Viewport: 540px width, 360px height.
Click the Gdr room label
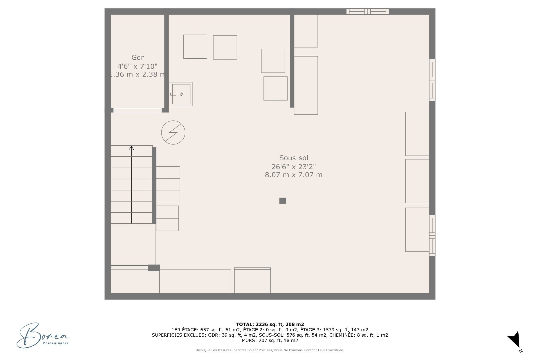(x=138, y=58)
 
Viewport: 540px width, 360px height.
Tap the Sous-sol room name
(x=294, y=158)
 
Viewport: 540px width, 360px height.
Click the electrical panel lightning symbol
(x=173, y=132)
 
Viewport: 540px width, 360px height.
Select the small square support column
(x=283, y=201)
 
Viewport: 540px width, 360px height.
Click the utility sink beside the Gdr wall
(x=181, y=94)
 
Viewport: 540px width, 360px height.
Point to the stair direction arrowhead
(x=131, y=148)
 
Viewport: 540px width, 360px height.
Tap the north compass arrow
(x=514, y=339)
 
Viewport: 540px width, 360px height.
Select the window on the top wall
(x=368, y=12)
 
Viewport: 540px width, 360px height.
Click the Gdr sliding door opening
(x=138, y=110)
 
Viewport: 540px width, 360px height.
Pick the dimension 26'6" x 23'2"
(x=294, y=166)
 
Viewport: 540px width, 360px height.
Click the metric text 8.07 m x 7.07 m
(x=294, y=175)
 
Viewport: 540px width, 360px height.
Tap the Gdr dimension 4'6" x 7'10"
(x=138, y=66)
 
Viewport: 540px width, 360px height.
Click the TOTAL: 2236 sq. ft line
(x=270, y=324)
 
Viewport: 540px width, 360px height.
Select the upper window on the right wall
(x=432, y=80)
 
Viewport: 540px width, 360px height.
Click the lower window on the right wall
(x=432, y=236)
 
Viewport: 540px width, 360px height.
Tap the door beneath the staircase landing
(x=129, y=267)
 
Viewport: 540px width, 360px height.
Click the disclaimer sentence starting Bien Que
(x=270, y=350)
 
